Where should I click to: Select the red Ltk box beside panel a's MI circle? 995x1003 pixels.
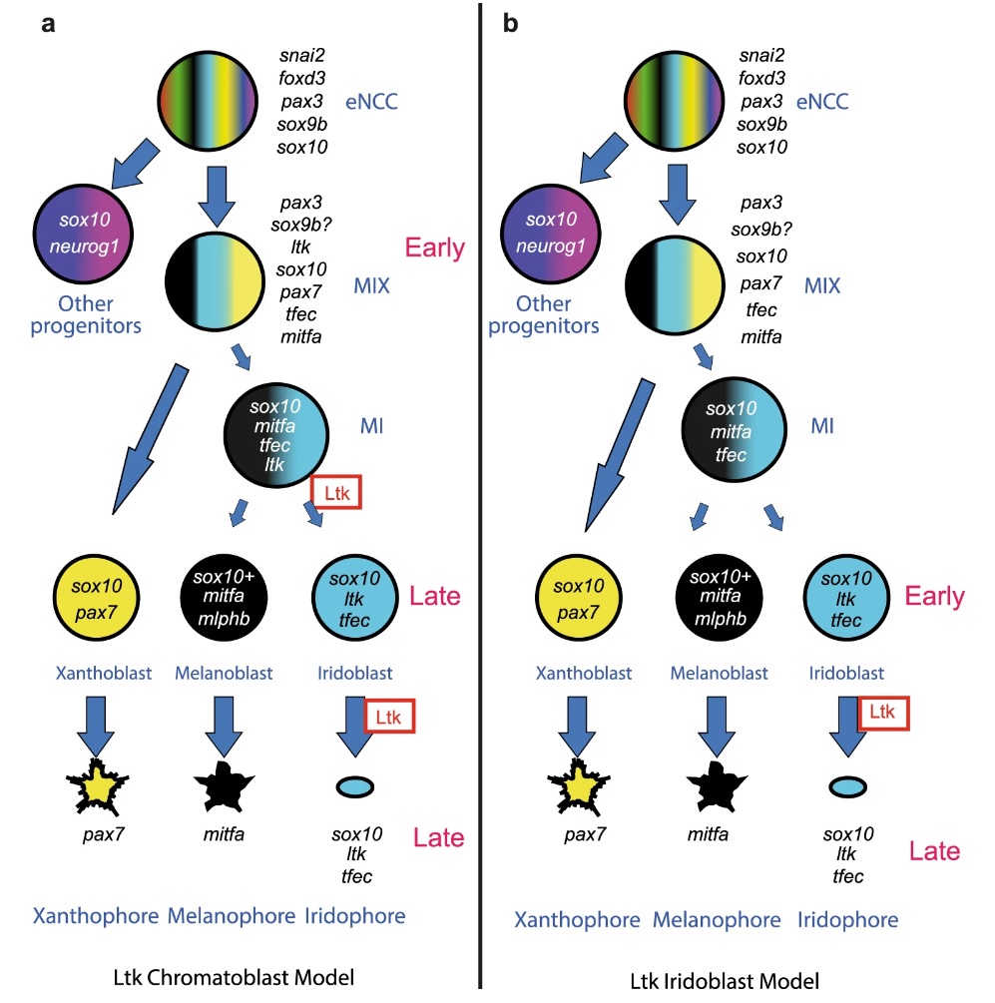(x=336, y=493)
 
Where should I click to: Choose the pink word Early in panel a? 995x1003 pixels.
(x=433, y=248)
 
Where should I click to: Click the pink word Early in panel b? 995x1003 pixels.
(x=934, y=597)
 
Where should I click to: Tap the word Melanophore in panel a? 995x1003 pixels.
(x=231, y=915)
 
